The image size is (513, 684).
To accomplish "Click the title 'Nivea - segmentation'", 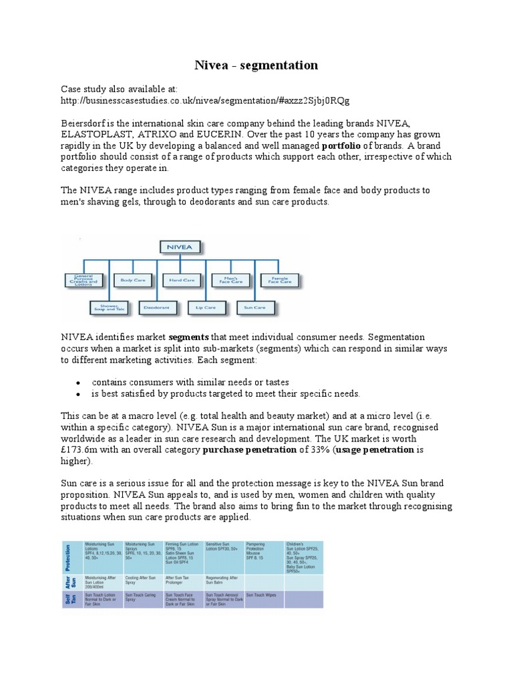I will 256,65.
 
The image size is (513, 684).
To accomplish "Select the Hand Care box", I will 181,281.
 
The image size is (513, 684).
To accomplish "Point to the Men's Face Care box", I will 230,281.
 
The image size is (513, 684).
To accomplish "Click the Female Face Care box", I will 279,281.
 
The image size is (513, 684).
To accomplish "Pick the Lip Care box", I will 206,307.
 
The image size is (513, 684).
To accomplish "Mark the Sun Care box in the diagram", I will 254,307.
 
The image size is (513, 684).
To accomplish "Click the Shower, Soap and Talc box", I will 108,307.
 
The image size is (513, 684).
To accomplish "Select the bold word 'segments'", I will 188,337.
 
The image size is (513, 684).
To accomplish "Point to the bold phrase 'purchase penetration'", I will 244,450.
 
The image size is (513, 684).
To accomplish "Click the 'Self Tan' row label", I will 70,598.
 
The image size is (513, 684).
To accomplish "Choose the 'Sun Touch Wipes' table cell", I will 263,594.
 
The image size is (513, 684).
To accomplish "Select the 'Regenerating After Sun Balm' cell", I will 224,580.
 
